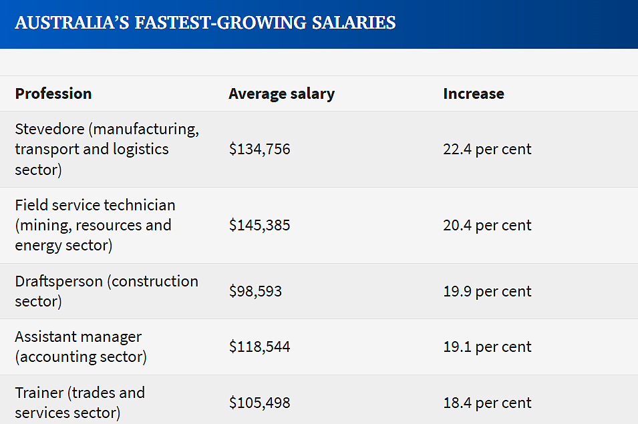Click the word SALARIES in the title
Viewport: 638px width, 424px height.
(353, 23)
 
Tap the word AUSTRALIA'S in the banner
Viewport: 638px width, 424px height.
(72, 23)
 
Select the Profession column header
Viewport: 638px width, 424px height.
(53, 93)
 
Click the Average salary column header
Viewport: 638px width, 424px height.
(281, 94)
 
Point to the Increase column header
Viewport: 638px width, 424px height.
(474, 93)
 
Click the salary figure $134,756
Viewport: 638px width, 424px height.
(260, 149)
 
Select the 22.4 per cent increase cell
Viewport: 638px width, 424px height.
(487, 149)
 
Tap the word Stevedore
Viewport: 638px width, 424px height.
(49, 129)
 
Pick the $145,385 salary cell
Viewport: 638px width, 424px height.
(260, 225)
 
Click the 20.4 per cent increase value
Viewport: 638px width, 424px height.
(487, 225)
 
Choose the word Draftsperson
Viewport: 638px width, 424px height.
(59, 281)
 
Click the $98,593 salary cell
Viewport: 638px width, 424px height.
(255, 291)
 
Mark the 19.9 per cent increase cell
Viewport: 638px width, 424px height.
(487, 291)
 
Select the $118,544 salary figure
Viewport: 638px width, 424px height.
(260, 347)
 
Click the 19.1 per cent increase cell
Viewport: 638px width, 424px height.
(487, 347)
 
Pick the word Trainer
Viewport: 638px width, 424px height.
(39, 393)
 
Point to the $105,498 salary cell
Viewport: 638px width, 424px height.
(260, 403)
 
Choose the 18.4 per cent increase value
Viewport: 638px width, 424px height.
(487, 403)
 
